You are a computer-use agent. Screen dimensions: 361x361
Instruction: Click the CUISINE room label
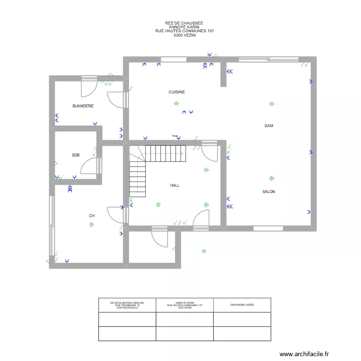click(177, 92)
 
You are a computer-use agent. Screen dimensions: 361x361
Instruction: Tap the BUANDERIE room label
click(83, 106)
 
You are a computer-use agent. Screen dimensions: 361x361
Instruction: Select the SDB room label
click(76, 155)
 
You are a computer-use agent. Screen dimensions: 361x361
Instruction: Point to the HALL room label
click(175, 185)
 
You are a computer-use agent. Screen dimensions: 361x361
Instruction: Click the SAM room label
click(269, 126)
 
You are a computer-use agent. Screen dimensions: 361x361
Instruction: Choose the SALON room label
click(269, 192)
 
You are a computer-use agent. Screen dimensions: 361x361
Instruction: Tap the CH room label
click(91, 216)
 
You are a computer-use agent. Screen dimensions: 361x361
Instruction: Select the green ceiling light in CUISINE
click(177, 103)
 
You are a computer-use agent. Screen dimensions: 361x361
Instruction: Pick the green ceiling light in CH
click(91, 224)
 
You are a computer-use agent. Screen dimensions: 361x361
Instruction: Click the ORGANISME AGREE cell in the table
click(242, 305)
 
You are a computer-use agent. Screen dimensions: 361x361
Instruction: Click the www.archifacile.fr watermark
click(306, 354)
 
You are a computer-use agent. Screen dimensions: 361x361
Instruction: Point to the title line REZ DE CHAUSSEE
click(184, 23)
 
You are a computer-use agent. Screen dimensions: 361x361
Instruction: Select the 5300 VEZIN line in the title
click(184, 35)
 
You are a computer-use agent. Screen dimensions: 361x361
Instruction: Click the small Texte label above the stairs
click(175, 136)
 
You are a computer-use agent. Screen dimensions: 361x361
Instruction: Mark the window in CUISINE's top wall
click(174, 59)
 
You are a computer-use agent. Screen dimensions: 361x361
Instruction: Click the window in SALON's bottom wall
click(269, 228)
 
